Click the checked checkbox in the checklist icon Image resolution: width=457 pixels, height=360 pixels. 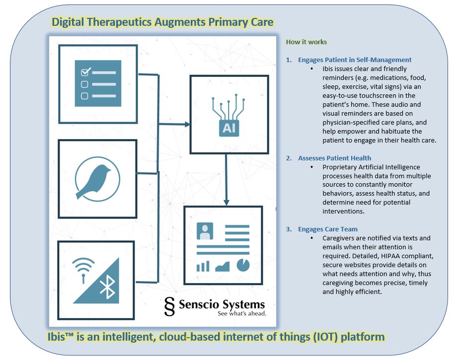point(84,72)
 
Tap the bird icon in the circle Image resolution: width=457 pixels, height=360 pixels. point(98,178)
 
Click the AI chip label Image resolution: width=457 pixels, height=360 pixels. point(228,129)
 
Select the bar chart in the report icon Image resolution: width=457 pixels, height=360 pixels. point(203,266)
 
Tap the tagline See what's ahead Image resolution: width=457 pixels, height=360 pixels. point(242,314)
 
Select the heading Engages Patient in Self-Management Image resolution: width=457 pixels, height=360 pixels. point(355,60)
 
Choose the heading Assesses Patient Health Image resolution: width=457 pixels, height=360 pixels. point(334,158)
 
